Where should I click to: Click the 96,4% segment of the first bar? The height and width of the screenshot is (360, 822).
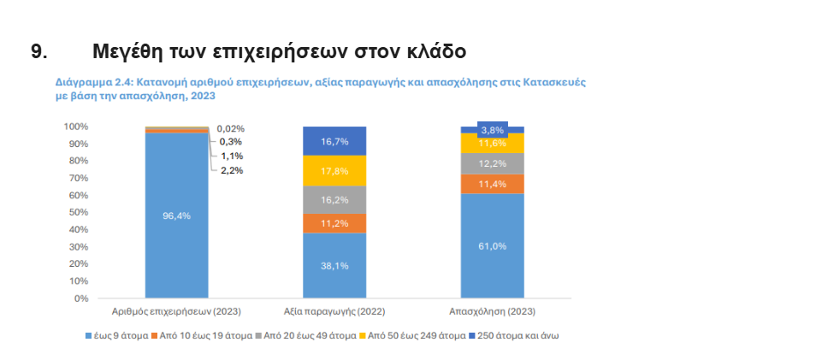(x=176, y=215)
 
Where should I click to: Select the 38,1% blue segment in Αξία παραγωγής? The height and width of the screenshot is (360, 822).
(x=334, y=265)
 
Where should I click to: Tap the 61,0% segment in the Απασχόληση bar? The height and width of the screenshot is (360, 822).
(x=492, y=246)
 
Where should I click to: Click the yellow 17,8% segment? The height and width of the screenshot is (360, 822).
(x=334, y=170)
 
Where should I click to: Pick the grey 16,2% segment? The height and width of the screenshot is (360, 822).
(x=334, y=199)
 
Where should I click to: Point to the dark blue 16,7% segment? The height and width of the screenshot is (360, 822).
(x=334, y=141)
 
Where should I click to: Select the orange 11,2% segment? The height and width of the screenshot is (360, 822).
(x=334, y=223)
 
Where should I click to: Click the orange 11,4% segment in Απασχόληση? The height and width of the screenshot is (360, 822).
(x=492, y=184)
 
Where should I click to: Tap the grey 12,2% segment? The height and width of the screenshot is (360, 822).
(x=492, y=163)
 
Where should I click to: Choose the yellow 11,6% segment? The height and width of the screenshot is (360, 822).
(x=492, y=143)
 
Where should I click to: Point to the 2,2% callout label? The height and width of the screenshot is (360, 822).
(x=231, y=170)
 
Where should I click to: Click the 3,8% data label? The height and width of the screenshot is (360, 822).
(x=492, y=130)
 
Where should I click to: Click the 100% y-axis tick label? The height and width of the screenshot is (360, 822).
(x=75, y=127)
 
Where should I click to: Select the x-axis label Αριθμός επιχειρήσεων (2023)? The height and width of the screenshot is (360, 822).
(x=176, y=311)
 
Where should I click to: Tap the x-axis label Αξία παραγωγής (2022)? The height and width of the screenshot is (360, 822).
(x=334, y=311)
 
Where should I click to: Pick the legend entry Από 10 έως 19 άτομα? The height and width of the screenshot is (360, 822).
(x=204, y=335)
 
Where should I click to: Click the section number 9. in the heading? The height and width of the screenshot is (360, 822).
(x=39, y=51)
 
